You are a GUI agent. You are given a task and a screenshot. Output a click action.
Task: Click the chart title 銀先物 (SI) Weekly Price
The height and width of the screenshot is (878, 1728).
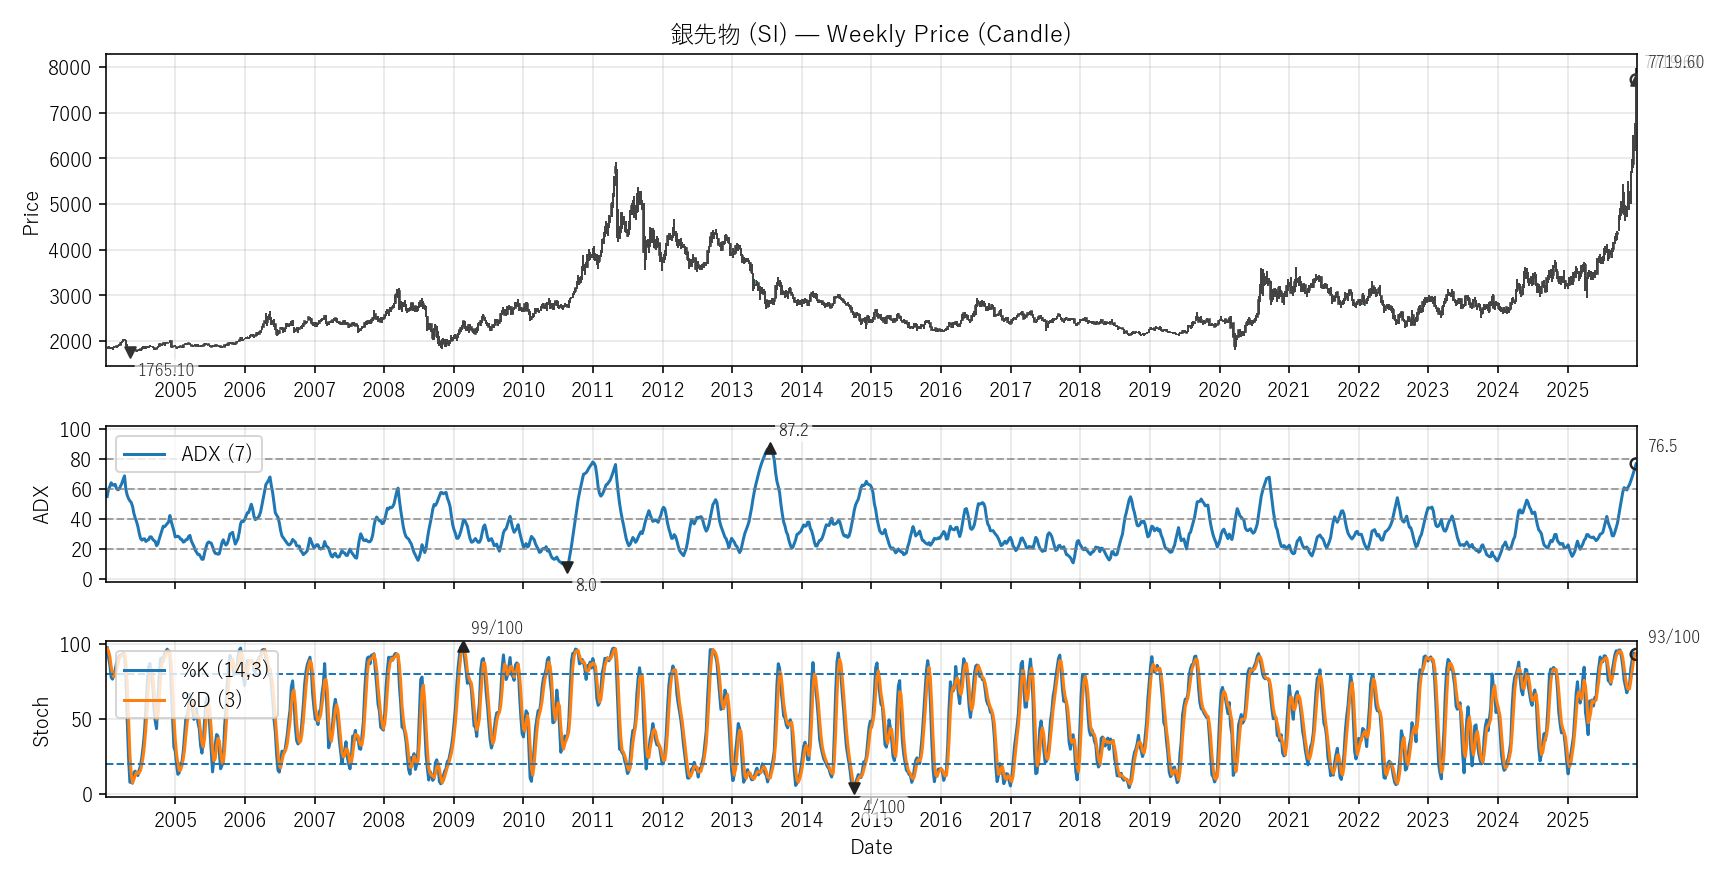pyautogui.click(x=870, y=34)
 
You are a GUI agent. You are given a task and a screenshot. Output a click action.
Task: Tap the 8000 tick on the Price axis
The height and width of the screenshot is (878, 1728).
pyautogui.click(x=70, y=68)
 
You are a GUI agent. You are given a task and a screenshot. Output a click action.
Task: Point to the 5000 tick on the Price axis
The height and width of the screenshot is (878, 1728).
pyautogui.click(x=70, y=205)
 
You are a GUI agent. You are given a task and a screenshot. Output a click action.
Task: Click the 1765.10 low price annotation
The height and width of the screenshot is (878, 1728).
pyautogui.click(x=166, y=371)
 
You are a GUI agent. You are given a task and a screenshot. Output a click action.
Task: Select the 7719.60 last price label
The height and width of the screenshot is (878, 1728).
pyautogui.click(x=1675, y=62)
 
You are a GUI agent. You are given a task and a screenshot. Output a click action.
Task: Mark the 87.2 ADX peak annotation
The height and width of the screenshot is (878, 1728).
pyautogui.click(x=793, y=430)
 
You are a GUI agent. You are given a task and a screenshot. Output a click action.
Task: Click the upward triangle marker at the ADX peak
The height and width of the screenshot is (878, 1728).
pyautogui.click(x=770, y=449)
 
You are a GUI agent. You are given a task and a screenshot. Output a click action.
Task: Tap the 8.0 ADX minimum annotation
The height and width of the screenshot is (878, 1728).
pyautogui.click(x=586, y=585)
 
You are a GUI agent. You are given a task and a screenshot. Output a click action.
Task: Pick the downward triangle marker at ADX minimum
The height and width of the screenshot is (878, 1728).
pyautogui.click(x=567, y=567)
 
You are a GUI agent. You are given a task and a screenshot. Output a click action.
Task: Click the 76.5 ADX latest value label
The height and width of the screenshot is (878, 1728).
pyautogui.click(x=1662, y=446)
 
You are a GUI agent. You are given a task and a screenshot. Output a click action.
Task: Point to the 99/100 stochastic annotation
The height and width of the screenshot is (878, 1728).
pyautogui.click(x=497, y=628)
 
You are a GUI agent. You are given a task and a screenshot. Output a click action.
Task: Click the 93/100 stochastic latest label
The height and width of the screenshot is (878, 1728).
pyautogui.click(x=1673, y=637)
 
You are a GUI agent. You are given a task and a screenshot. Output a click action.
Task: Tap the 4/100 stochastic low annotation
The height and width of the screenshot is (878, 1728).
pyautogui.click(x=884, y=807)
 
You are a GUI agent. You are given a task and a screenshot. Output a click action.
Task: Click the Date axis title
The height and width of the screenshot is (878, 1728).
pyautogui.click(x=871, y=847)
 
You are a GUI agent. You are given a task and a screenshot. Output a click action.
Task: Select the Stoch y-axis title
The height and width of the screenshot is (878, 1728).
pyautogui.click(x=41, y=721)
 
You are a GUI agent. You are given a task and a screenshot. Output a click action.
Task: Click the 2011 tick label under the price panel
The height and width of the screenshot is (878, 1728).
pyautogui.click(x=592, y=390)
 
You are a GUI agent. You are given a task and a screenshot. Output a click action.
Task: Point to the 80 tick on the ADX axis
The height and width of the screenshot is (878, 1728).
pyautogui.click(x=80, y=460)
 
